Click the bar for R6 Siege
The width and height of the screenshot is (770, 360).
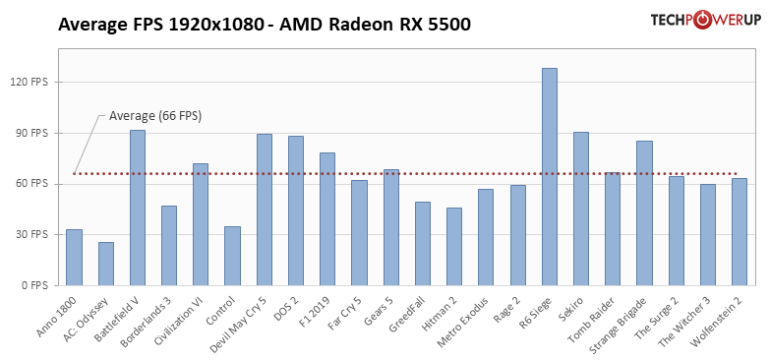coord(549,177)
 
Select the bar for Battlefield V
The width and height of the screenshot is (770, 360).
coord(138,208)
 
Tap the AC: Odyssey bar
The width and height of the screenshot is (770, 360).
coord(105,264)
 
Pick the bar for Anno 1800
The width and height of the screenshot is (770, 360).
coord(74,258)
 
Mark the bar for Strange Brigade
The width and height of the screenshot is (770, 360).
coord(644,213)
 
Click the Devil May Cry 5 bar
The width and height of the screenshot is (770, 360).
coord(265,210)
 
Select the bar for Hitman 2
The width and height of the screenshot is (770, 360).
coord(454,247)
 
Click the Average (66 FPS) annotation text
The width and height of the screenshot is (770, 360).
coord(154,116)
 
